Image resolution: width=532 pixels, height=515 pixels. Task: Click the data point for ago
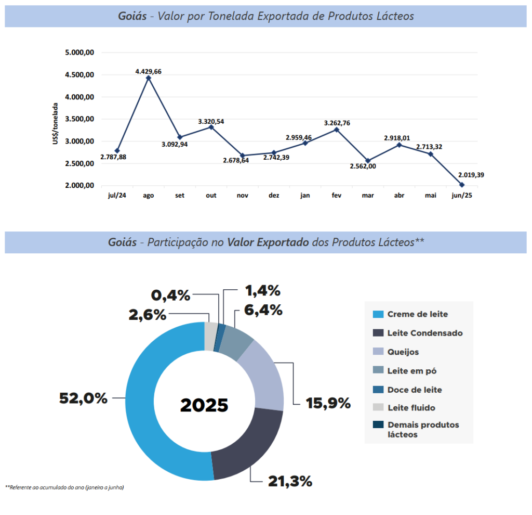tap(149, 78)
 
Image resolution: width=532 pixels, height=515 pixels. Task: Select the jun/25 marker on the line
tap(462, 185)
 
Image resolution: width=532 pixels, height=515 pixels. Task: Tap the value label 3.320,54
tap(211, 122)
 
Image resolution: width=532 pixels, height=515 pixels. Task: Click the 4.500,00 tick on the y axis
tap(79, 75)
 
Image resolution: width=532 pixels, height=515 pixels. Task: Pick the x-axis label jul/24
tap(117, 196)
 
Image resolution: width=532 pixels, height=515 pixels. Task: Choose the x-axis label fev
tap(336, 196)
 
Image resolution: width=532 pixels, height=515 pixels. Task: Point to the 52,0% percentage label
tap(83, 398)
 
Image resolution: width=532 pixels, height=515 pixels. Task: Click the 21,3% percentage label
tap(290, 481)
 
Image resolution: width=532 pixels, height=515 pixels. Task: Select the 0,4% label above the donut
tap(170, 295)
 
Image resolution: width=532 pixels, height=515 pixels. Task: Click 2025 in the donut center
tap(204, 405)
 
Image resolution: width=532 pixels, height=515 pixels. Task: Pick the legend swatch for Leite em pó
tap(378, 370)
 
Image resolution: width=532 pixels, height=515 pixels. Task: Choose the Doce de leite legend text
tap(415, 390)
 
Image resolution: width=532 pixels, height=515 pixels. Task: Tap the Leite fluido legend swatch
tap(378, 408)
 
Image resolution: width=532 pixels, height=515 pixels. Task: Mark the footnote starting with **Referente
tap(65, 487)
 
